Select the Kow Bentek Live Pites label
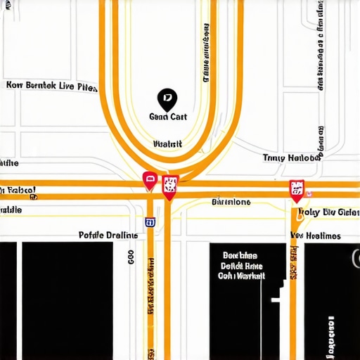point(51,86)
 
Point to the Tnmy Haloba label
point(291,158)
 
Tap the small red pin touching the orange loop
point(149,181)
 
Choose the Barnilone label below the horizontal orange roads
point(231,202)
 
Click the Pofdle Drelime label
point(108,236)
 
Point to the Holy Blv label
point(328,212)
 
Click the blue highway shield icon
point(150,222)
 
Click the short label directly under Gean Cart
point(167,144)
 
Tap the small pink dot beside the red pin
point(310,193)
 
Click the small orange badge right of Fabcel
point(33,198)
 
